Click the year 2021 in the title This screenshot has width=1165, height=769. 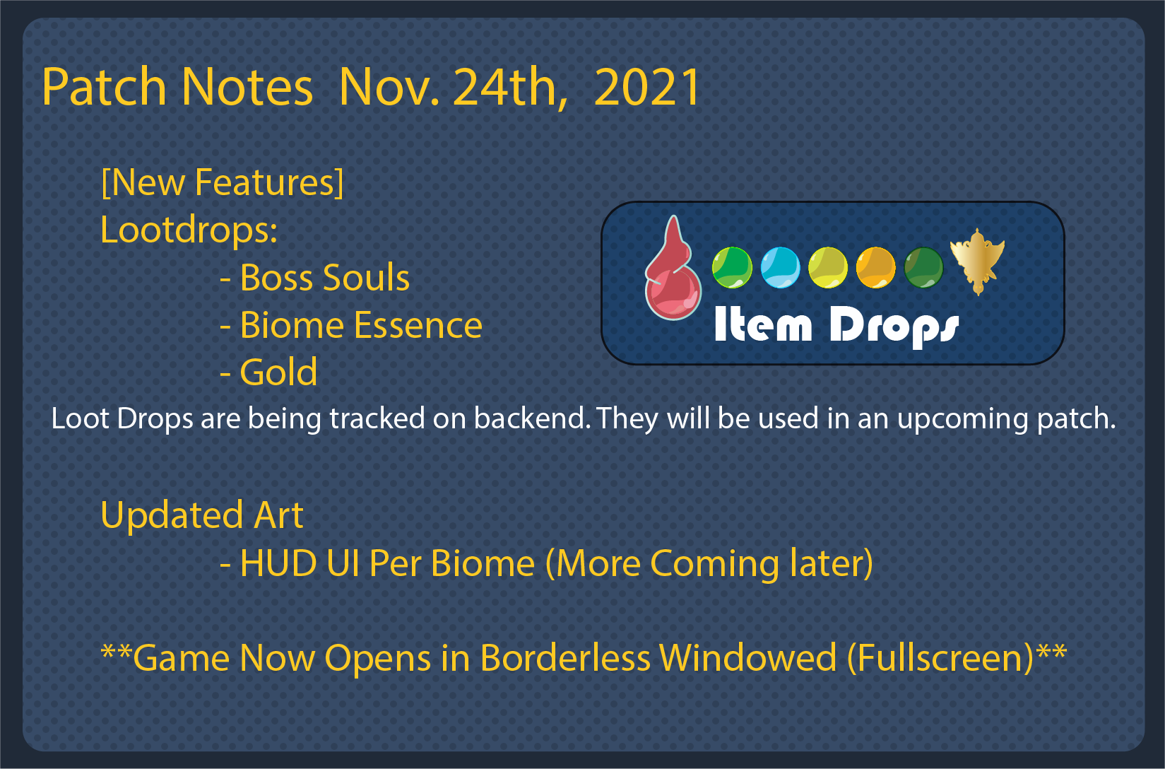click(646, 87)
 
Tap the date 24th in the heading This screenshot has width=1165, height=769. click(509, 87)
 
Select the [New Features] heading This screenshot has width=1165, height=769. click(222, 182)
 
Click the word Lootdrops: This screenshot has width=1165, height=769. click(189, 230)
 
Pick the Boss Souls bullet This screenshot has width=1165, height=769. click(315, 277)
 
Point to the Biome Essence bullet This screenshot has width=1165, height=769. click(352, 325)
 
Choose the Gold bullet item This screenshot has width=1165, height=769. click(268, 372)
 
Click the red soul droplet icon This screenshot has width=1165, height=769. click(673, 267)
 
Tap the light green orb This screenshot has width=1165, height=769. click(732, 267)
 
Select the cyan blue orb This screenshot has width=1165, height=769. click(780, 267)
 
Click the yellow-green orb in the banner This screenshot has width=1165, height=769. click(828, 267)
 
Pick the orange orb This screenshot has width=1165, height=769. click(876, 267)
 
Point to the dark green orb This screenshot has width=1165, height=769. click(923, 267)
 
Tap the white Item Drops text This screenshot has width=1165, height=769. click(836, 325)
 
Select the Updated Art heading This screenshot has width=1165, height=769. click(202, 515)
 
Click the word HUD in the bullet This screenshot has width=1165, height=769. click(278, 563)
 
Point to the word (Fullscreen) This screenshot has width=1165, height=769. click(940, 658)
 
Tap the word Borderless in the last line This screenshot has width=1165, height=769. click(565, 658)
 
